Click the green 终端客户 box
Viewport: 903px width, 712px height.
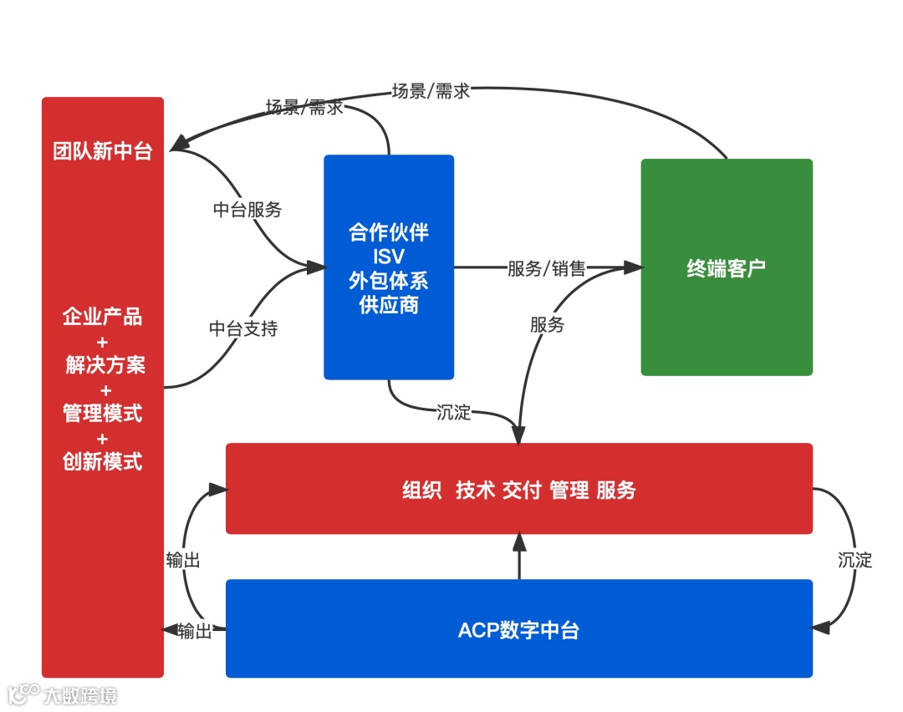pyautogui.click(x=726, y=267)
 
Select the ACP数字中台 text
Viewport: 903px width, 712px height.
pyautogui.click(x=518, y=630)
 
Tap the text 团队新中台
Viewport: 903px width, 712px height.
pyautogui.click(x=103, y=152)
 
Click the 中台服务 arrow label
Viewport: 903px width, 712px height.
pyautogui.click(x=247, y=210)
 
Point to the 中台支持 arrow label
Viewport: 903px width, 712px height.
pyautogui.click(x=243, y=328)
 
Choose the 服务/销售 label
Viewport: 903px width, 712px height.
pyautogui.click(x=547, y=269)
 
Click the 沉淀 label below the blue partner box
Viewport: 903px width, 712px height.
pyautogui.click(x=454, y=412)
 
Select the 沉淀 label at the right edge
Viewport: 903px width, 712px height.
pyautogui.click(x=855, y=560)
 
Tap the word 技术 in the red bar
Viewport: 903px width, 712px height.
pyautogui.click(x=476, y=491)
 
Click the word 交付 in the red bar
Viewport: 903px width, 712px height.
pyautogui.click(x=522, y=491)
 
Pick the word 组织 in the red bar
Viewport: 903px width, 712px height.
pyautogui.click(x=421, y=491)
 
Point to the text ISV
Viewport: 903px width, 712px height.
pyautogui.click(x=389, y=256)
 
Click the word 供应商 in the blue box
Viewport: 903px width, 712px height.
pyautogui.click(x=389, y=305)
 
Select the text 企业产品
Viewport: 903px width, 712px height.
pyautogui.click(x=103, y=317)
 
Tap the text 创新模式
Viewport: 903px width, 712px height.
pyautogui.click(x=103, y=461)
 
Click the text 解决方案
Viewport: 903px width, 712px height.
pyautogui.click(x=105, y=365)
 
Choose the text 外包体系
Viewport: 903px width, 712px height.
pyautogui.click(x=389, y=280)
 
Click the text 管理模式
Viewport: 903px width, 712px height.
pyautogui.click(x=103, y=413)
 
